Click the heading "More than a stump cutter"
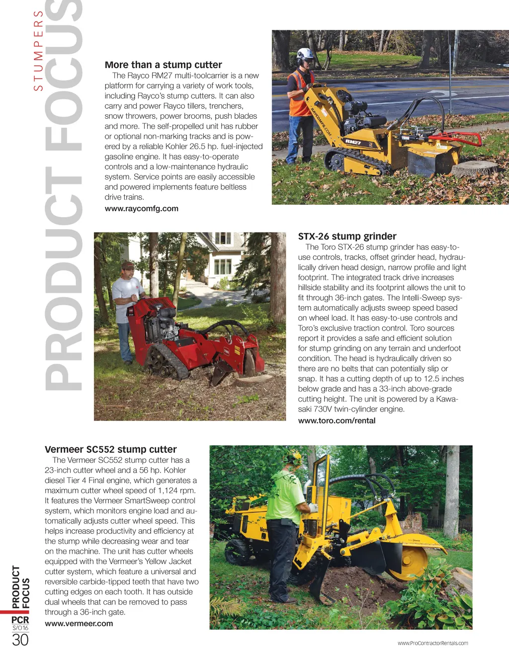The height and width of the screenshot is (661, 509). pyautogui.click(x=163, y=65)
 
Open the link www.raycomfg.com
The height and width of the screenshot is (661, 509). pyautogui.click(x=141, y=209)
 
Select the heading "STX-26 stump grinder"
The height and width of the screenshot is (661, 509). pyautogui.click(x=347, y=236)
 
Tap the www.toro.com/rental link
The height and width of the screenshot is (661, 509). pyautogui.click(x=337, y=420)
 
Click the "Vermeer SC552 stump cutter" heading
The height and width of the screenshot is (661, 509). pyautogui.click(x=110, y=449)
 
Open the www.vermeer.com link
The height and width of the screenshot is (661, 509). pyautogui.click(x=79, y=624)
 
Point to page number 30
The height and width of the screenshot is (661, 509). pyautogui.click(x=20, y=640)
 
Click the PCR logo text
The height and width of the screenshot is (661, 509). pyautogui.click(x=20, y=620)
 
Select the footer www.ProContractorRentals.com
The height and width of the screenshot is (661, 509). pyautogui.click(x=432, y=643)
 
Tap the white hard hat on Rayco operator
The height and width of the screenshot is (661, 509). pyautogui.click(x=304, y=54)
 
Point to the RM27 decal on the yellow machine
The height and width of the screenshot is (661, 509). pyautogui.click(x=353, y=143)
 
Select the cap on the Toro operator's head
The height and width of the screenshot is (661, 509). pyautogui.click(x=128, y=265)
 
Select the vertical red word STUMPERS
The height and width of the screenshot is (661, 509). pyautogui.click(x=38, y=50)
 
